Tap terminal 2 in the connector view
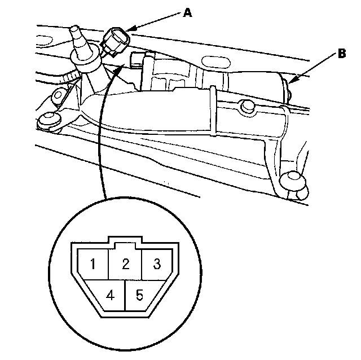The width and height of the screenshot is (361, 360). (x=127, y=264)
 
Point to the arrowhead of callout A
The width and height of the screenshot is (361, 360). (x=128, y=30)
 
